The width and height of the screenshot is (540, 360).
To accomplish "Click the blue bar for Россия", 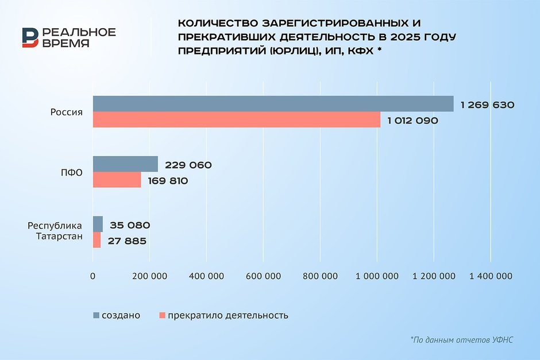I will tap(273, 104).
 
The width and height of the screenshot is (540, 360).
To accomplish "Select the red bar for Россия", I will tap(237, 119).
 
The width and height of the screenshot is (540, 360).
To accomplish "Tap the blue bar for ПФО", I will tap(125, 164).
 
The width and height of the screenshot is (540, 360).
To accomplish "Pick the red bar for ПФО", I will tap(117, 180).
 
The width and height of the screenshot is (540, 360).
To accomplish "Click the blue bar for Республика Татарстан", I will tap(98, 224).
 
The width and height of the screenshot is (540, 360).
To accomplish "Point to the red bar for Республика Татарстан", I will tap(97, 240).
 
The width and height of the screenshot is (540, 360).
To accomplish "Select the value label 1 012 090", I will tap(413, 121).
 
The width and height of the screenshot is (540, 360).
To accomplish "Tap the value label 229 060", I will tap(188, 165).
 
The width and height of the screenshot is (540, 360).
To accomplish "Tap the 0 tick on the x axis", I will tap(93, 276).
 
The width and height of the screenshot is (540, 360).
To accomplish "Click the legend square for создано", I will tap(96, 315).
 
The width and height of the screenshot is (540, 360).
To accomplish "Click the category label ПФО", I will tap(73, 172).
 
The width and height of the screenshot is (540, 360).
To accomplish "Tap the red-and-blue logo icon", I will tap(30, 38).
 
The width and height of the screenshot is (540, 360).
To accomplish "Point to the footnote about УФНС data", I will tap(461, 340).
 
